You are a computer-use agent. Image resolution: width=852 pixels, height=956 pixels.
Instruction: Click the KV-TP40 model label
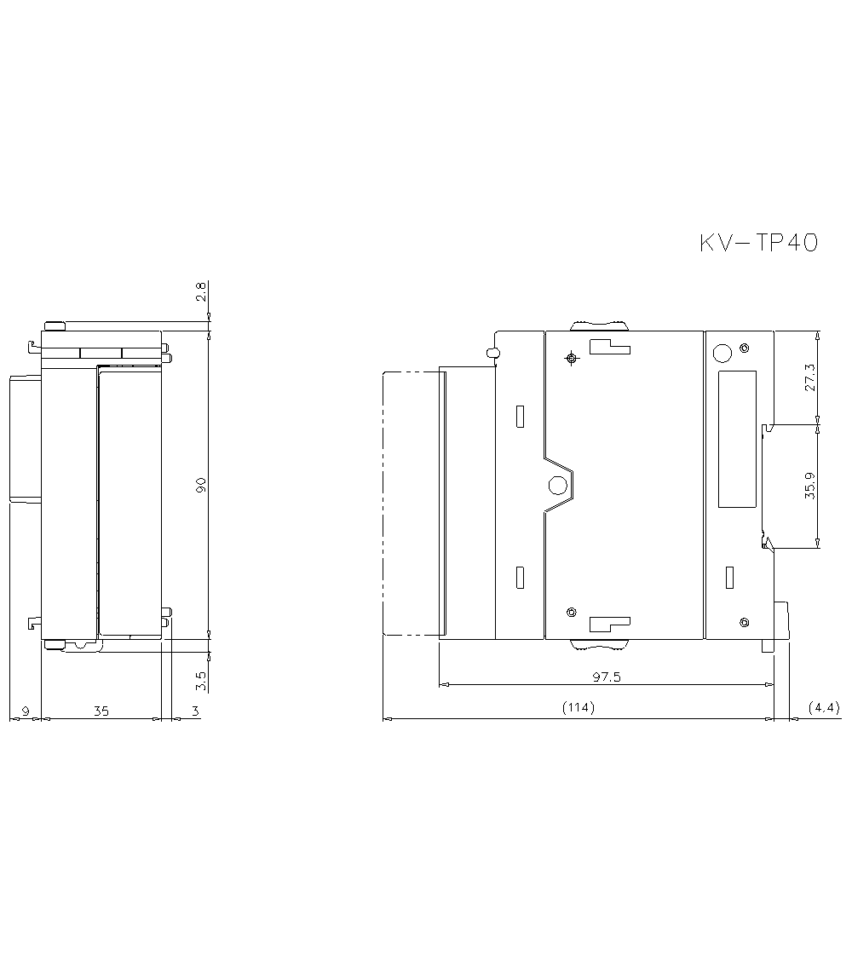(758, 242)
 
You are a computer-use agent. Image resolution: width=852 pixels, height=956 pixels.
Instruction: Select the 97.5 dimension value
(607, 677)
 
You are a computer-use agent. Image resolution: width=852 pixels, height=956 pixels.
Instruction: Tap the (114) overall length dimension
(578, 706)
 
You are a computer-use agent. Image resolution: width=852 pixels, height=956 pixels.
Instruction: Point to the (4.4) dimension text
(824, 707)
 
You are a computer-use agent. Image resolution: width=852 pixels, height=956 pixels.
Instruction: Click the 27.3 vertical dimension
(809, 377)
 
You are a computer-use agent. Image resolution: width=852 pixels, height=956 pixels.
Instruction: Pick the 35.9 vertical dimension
(809, 486)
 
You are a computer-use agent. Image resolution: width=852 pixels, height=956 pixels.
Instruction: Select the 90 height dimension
(201, 485)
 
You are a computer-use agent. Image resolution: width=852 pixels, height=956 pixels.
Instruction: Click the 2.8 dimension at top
(201, 291)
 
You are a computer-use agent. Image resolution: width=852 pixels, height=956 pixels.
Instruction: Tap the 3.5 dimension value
(201, 681)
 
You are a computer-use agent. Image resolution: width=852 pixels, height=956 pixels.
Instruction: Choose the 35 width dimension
(101, 711)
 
